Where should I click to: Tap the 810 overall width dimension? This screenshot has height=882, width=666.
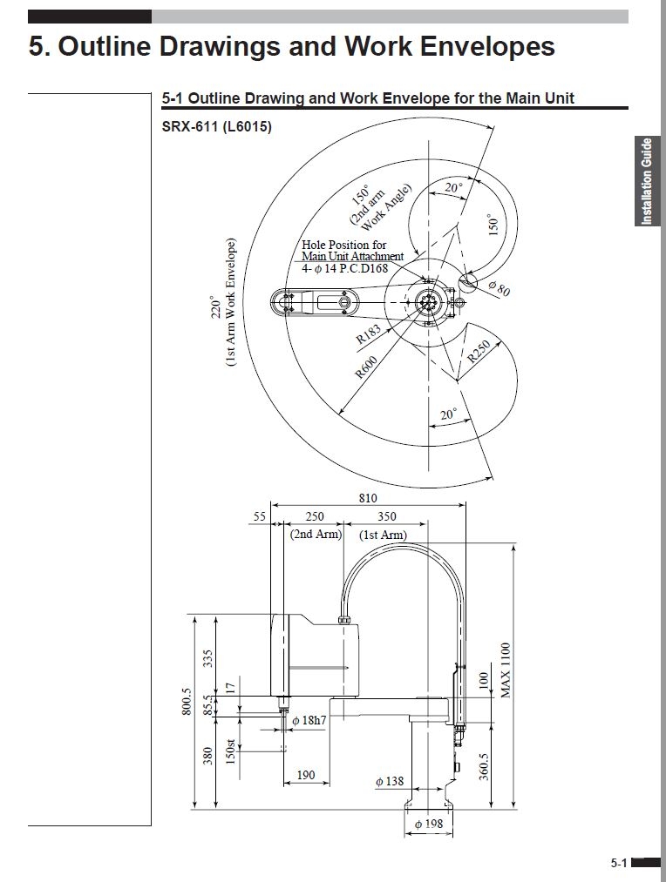click(x=368, y=498)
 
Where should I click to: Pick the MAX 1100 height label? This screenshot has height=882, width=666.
click(x=506, y=670)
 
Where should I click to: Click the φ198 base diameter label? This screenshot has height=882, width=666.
click(x=428, y=824)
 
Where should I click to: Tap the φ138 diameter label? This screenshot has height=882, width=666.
click(x=390, y=782)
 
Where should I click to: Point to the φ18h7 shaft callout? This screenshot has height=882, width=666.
click(x=309, y=721)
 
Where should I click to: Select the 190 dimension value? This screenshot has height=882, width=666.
click(x=306, y=775)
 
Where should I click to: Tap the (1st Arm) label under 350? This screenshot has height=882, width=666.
click(x=384, y=534)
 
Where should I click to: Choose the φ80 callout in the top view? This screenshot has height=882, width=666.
click(x=499, y=288)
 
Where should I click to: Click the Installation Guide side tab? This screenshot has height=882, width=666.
click(x=647, y=181)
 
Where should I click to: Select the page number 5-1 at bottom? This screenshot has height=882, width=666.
click(x=619, y=864)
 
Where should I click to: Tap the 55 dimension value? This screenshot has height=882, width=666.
click(x=259, y=517)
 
